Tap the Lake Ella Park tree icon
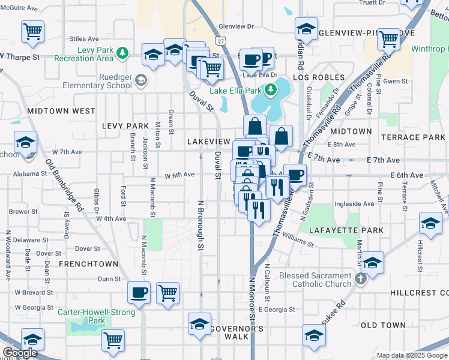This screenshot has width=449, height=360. pyautogui.click(x=271, y=91)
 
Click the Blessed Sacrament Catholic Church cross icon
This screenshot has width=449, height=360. pyautogui.click(x=360, y=279)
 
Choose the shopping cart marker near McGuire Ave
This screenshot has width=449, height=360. pyautogui.click(x=32, y=31)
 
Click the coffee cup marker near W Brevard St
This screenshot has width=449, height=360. pyautogui.click(x=139, y=293)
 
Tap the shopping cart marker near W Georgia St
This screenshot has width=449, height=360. pyautogui.click(x=167, y=293)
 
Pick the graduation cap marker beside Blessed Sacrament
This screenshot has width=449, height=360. pyautogui.click(x=372, y=263)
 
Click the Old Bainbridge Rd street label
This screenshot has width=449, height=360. pyautogui.click(x=65, y=185)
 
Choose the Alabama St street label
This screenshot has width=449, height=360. pyautogui.click(x=32, y=173)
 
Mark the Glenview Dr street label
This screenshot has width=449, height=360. pyautogui.click(x=237, y=26)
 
